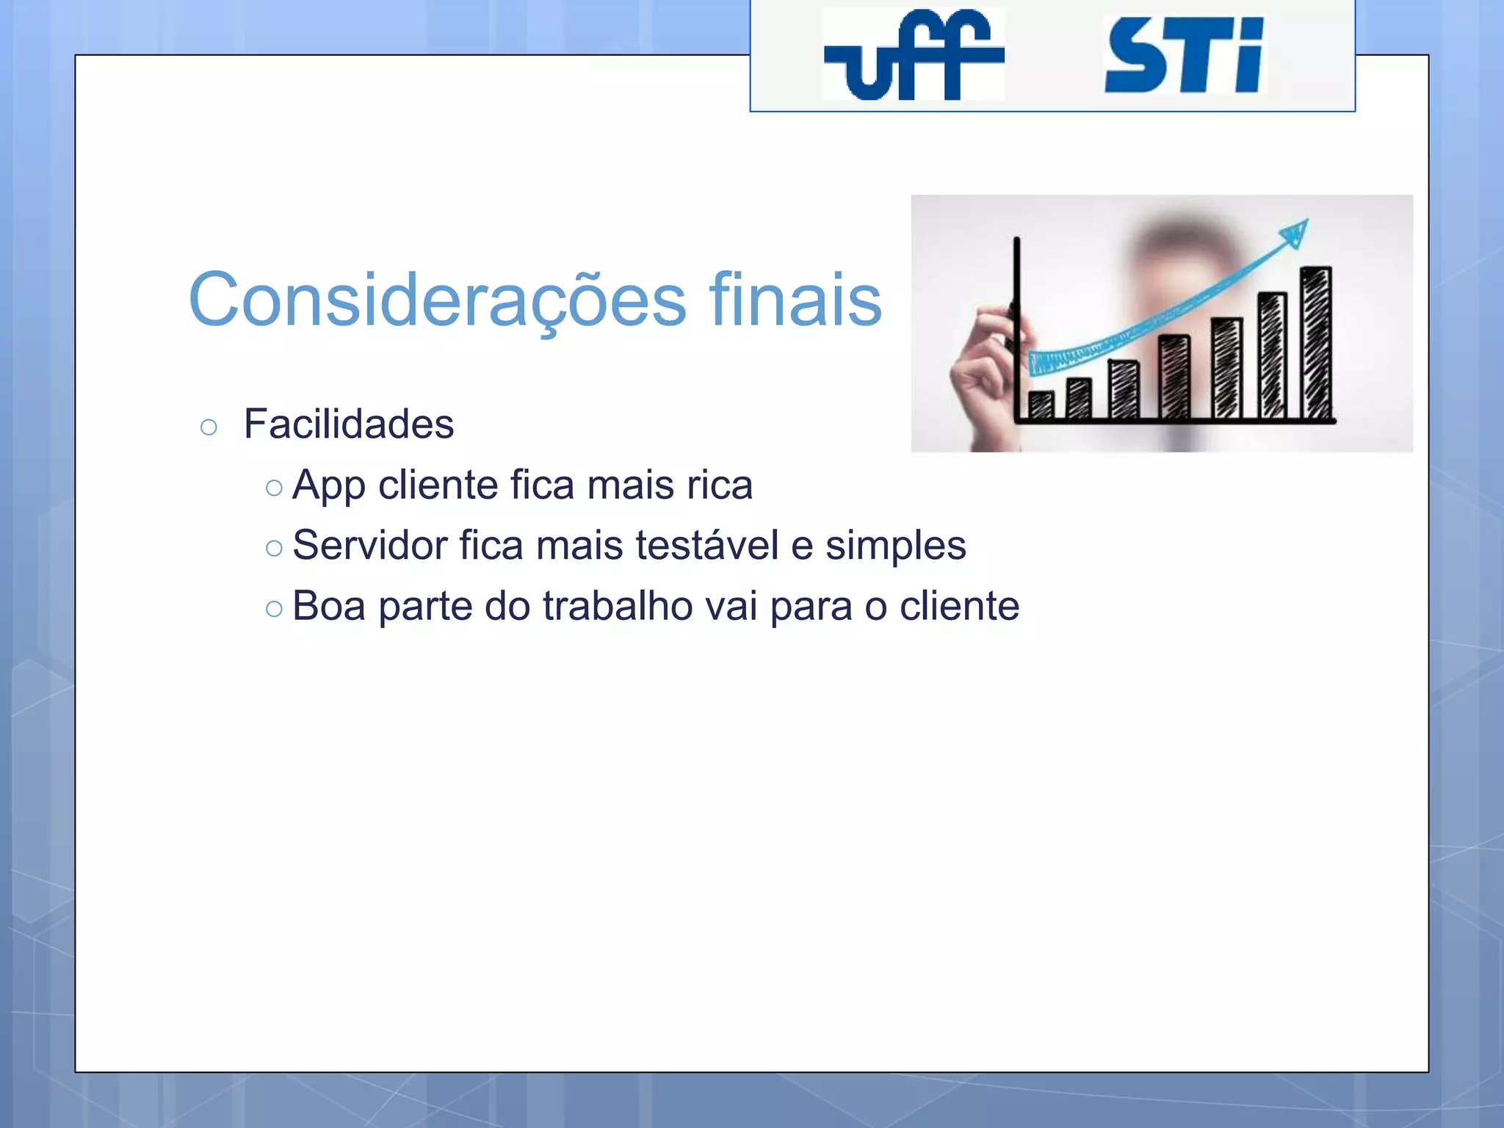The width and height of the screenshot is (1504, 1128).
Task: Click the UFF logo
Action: pos(913,54)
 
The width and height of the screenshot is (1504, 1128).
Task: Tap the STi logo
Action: pos(1184,56)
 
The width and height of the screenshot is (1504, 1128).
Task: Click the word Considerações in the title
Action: pos(438,300)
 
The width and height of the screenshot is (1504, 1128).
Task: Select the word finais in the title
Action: pos(795,300)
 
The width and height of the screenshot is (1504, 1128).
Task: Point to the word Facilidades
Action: pos(349,424)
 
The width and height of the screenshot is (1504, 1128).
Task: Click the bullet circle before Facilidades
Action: pos(209,427)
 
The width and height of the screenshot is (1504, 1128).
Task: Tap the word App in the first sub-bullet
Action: pos(328,486)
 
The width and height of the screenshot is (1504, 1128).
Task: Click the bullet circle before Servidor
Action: pos(274,548)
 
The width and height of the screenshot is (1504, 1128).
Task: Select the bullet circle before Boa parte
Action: pos(274,609)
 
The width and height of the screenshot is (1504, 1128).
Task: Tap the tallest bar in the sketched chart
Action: pos(1316,344)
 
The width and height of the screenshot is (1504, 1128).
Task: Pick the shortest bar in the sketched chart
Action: pos(1041,405)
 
